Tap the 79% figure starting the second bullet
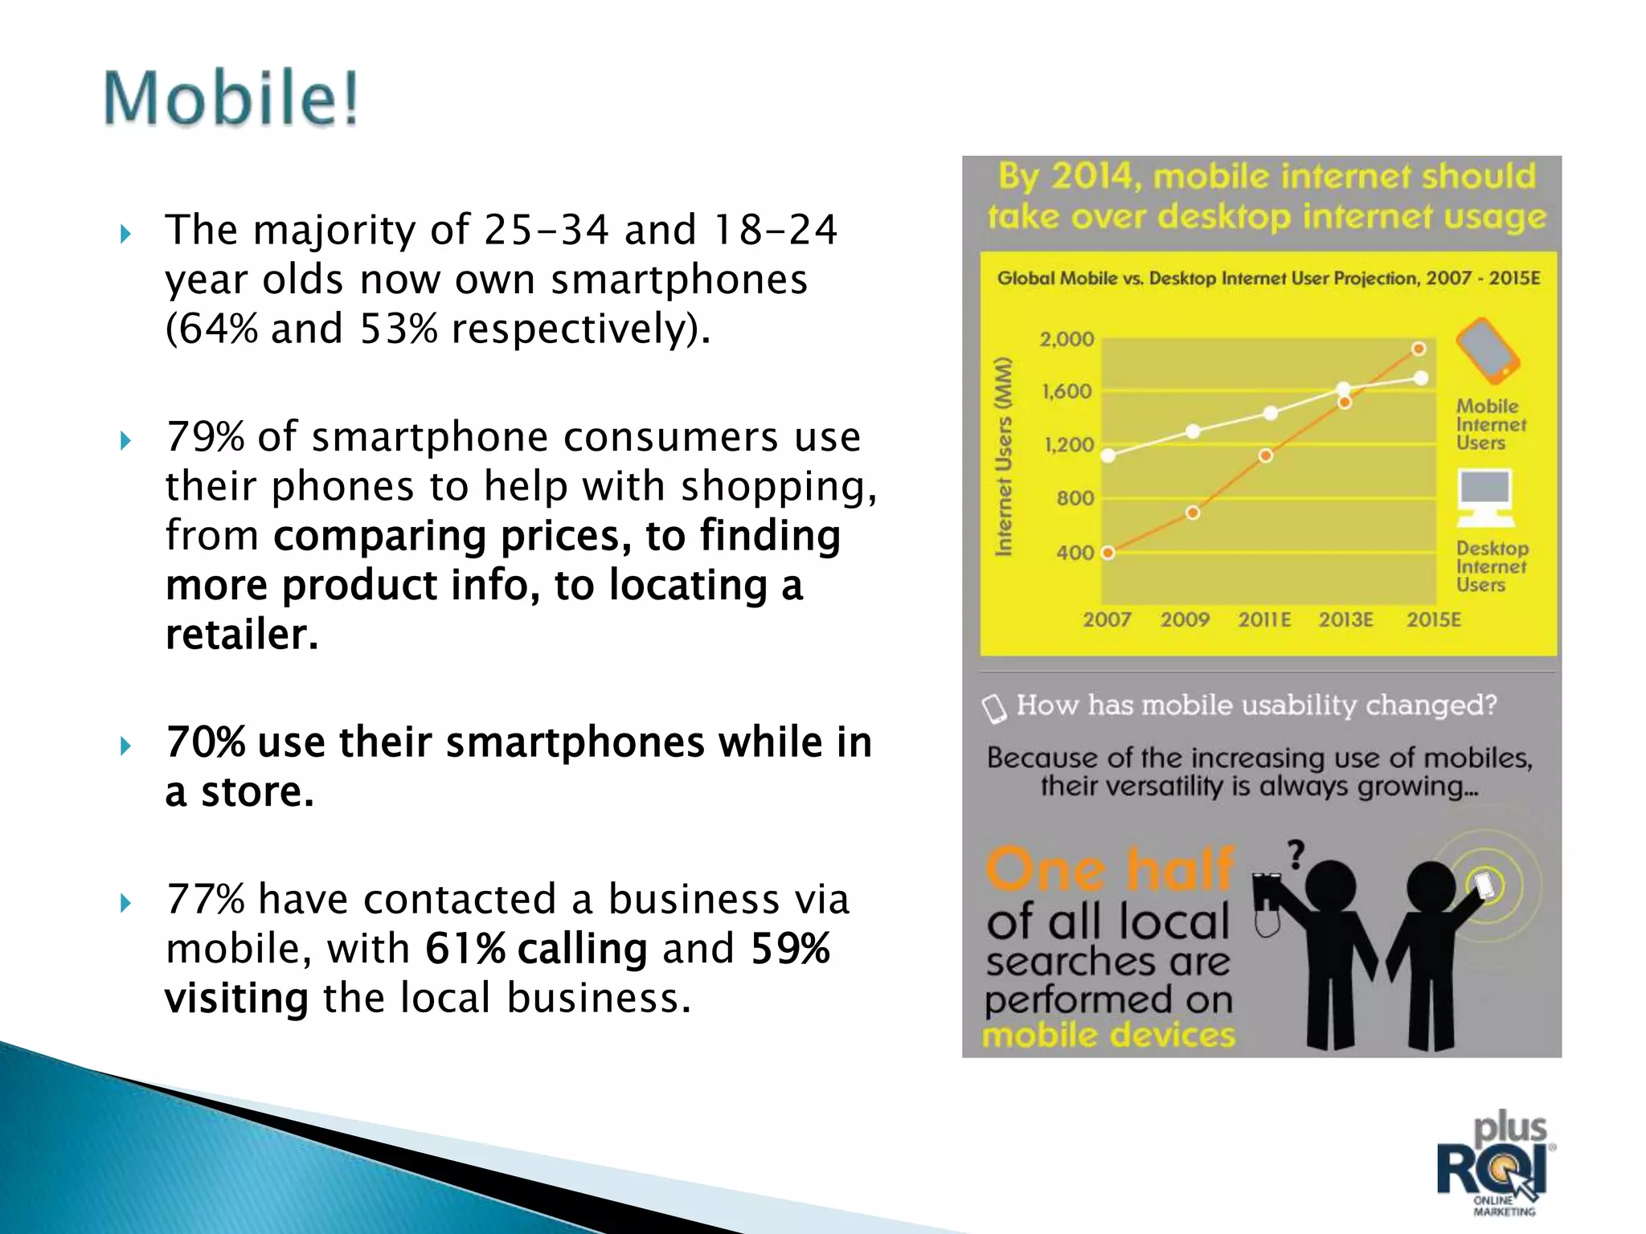tap(205, 438)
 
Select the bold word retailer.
tap(241, 635)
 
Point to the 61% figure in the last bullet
tap(465, 949)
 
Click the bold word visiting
tap(236, 999)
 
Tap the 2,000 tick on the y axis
tap(1067, 339)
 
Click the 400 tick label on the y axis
tap(1075, 553)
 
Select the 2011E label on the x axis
tap(1264, 619)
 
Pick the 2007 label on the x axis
tap(1107, 619)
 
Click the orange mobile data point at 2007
tap(1108, 553)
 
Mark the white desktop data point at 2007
tap(1108, 456)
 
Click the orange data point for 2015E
tap(1419, 349)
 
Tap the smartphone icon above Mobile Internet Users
tap(1487, 351)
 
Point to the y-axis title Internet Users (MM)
tap(1003, 456)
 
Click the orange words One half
tap(1109, 870)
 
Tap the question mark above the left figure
tap(1296, 854)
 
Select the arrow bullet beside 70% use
tap(125, 746)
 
